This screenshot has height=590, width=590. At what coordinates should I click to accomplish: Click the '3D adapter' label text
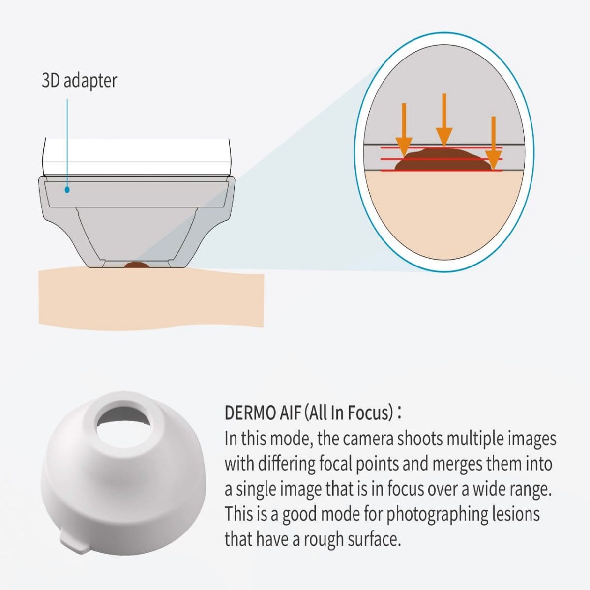click(79, 81)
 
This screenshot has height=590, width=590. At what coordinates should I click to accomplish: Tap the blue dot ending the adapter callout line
click(67, 190)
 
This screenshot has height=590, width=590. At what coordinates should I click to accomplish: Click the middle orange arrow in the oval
click(444, 120)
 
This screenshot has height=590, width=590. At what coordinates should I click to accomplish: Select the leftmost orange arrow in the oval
click(404, 130)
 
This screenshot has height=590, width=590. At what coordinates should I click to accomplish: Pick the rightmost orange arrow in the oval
click(493, 143)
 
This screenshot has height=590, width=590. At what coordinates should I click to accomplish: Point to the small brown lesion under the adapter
click(137, 265)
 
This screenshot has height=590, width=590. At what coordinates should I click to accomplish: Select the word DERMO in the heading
click(250, 413)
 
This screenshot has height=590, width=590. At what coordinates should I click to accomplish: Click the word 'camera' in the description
click(368, 439)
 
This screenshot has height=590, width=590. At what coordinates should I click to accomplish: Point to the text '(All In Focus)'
click(349, 413)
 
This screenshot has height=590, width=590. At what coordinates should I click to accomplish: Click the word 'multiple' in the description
click(475, 440)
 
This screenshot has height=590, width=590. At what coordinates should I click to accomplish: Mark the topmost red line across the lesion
click(441, 147)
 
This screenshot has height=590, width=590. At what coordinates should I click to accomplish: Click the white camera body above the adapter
click(136, 157)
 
